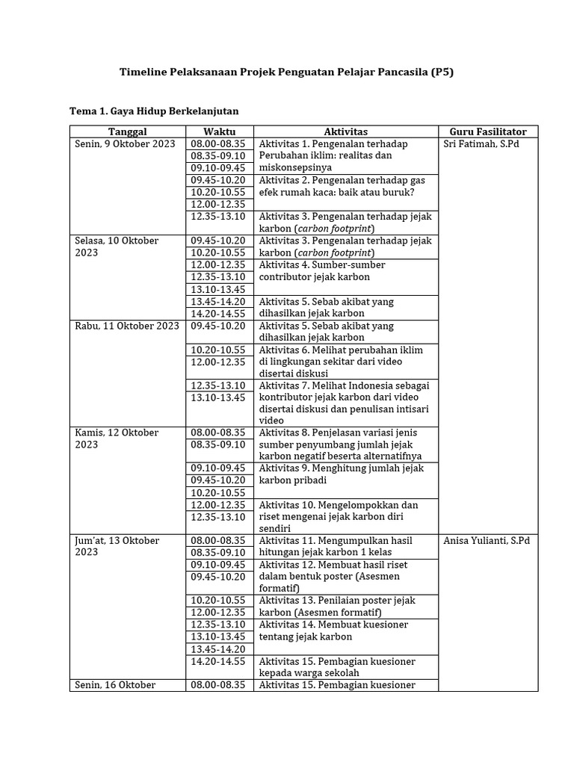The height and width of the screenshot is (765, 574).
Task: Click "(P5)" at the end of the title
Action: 442,72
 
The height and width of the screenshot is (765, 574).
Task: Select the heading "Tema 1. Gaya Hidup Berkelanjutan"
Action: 154,111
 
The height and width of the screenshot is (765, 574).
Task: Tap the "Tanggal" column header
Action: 127,131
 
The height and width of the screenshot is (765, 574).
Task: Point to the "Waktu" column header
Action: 219,131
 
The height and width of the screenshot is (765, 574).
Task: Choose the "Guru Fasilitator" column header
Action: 488,131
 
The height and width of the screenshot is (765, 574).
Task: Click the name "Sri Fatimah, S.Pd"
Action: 481,144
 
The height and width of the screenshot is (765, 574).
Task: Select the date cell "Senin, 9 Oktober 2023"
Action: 125,144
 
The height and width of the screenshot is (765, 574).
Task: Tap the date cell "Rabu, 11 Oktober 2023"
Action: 127,326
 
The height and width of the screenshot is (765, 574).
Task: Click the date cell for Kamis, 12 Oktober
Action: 117,439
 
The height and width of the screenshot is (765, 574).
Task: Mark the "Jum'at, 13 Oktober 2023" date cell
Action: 118,546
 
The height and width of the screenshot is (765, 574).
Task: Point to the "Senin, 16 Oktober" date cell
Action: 114,685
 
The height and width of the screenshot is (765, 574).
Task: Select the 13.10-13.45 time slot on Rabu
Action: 218,397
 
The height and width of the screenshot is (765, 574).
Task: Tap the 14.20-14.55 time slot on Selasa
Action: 218,314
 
